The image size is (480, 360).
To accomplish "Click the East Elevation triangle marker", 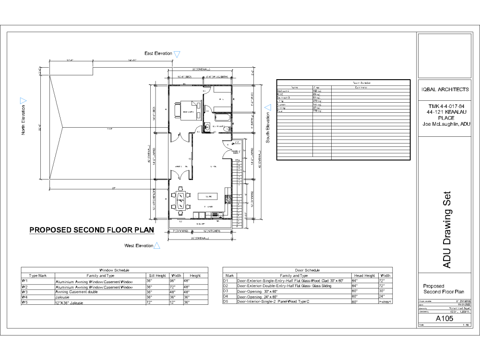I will click(177, 54).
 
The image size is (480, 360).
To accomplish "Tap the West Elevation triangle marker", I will click(157, 245).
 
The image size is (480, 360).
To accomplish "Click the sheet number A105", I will click(444, 318).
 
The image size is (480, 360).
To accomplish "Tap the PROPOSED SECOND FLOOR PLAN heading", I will click(92, 230).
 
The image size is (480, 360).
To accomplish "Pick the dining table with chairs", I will click(180, 201).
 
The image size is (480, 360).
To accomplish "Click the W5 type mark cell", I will click(24, 302).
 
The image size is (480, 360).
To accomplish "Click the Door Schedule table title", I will click(308, 270).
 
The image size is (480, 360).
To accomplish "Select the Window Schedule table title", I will click(113, 270).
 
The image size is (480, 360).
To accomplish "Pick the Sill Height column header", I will click(156, 276).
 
